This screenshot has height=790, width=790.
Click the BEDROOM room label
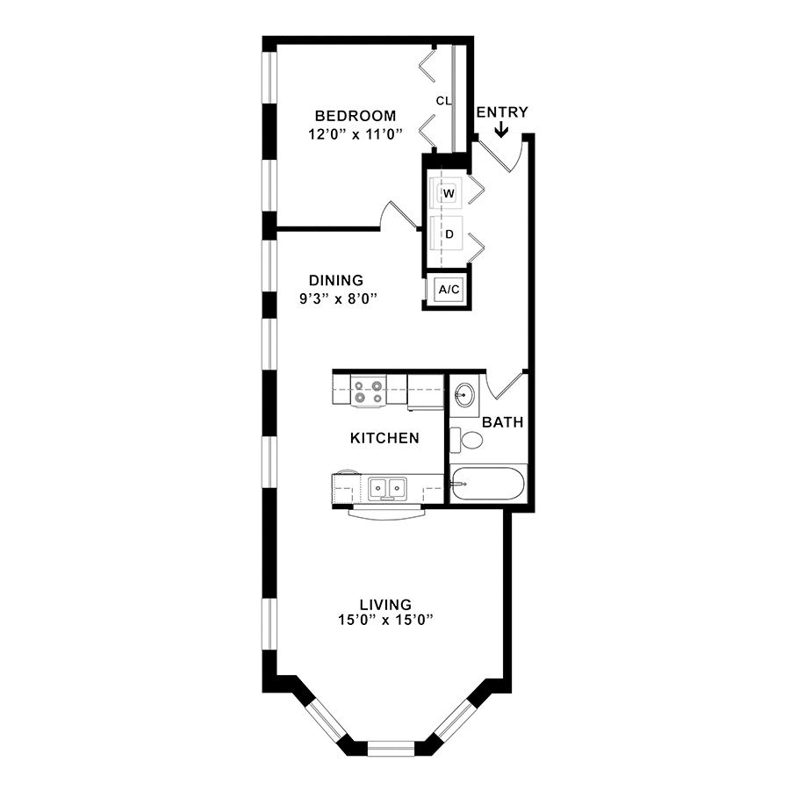coord(355,116)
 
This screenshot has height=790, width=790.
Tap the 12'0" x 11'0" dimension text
coord(355,134)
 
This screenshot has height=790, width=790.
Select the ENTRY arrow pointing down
coord(501,130)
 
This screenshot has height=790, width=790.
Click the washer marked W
coord(447,193)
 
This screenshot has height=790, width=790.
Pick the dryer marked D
coord(447,233)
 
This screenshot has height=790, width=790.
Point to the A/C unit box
coord(449,289)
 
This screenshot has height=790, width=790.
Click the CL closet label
coord(443,101)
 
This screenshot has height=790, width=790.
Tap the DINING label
coord(336,280)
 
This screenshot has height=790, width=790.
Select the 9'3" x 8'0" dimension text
coord(338,298)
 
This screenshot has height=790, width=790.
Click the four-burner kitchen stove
coord(368,391)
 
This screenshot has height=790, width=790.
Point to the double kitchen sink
coord(387,488)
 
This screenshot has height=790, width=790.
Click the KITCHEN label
coord(384,438)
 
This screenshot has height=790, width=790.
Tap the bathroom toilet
coord(466,440)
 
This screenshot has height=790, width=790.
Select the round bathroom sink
coord(464,394)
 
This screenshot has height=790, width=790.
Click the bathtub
coord(488,484)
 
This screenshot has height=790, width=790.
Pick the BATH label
coord(502,422)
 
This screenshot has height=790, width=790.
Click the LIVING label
coord(385,604)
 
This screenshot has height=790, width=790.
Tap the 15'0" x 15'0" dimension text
coord(385,620)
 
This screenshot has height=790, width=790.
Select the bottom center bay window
coord(391,748)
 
